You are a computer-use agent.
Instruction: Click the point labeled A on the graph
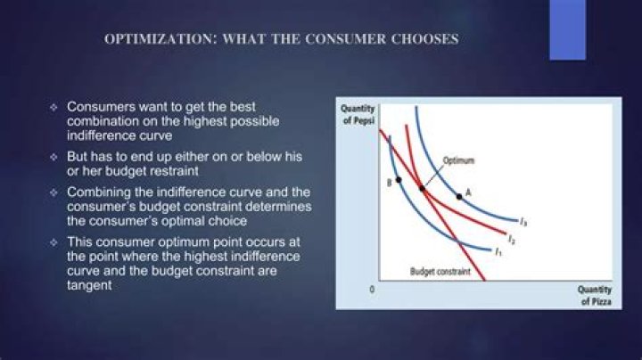(x=459, y=195)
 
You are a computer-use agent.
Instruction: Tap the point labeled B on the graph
(x=399, y=179)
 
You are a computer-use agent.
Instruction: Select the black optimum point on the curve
(x=422, y=189)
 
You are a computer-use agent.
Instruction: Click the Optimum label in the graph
(x=458, y=160)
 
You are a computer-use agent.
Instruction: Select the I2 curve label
(x=510, y=239)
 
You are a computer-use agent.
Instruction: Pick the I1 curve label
(x=497, y=251)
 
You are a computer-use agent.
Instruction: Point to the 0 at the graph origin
(x=371, y=290)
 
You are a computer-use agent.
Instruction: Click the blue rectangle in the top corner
(x=567, y=29)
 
